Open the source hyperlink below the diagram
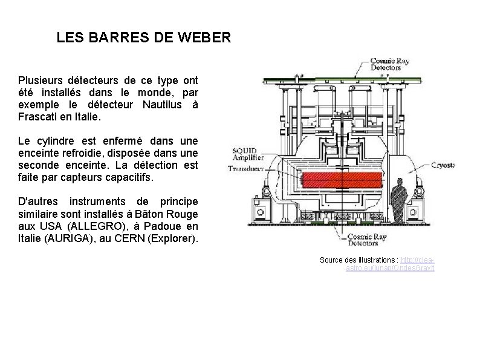click(x=408, y=264)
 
